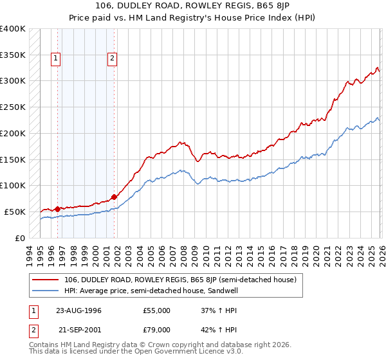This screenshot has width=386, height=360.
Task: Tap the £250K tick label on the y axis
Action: pyautogui.click(x=13, y=107)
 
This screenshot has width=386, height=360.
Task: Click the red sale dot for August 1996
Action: pyautogui.click(x=58, y=208)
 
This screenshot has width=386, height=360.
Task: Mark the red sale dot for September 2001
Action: pyautogui.click(x=115, y=196)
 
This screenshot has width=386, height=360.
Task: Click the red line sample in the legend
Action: pyautogui.click(x=46, y=280)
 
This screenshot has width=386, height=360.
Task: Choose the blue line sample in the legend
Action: pyautogui.click(x=46, y=291)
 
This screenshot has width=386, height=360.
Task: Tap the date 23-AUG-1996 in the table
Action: pyautogui.click(x=79, y=310)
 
